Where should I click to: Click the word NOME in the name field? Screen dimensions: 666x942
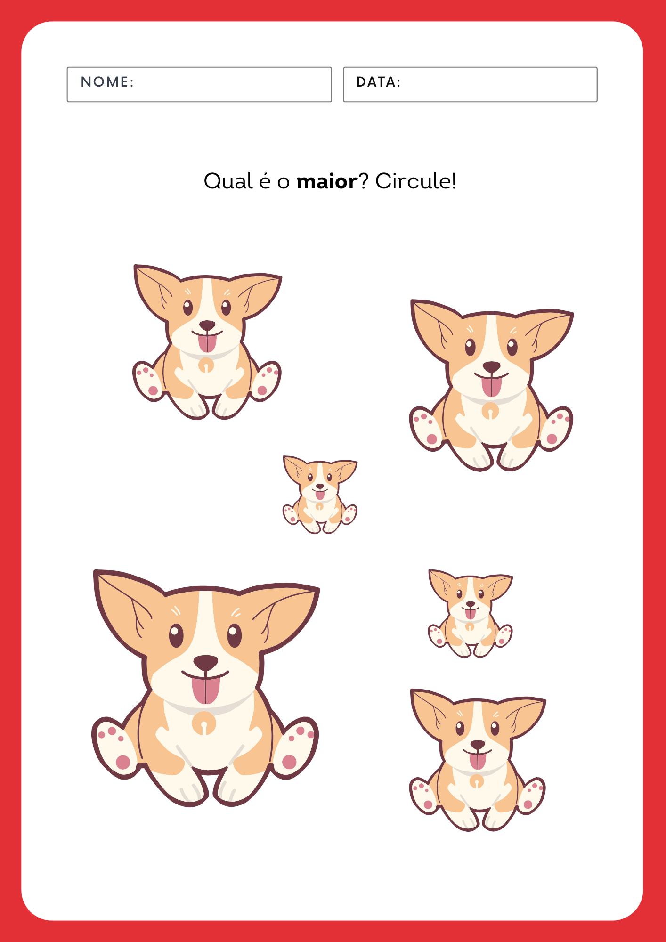(105, 82)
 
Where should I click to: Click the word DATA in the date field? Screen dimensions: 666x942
(375, 82)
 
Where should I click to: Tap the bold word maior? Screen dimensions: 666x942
(327, 181)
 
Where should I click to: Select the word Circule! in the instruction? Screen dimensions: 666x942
(415, 181)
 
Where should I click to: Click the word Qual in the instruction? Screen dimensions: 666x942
(228, 181)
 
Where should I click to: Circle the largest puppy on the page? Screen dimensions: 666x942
(206, 688)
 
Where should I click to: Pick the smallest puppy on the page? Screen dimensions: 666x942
(320, 495)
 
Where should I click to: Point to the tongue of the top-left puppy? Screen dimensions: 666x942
(207, 342)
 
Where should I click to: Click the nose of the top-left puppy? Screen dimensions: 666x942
(207, 325)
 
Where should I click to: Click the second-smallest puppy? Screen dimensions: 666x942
(470, 614)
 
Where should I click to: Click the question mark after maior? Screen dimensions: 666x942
(364, 181)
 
